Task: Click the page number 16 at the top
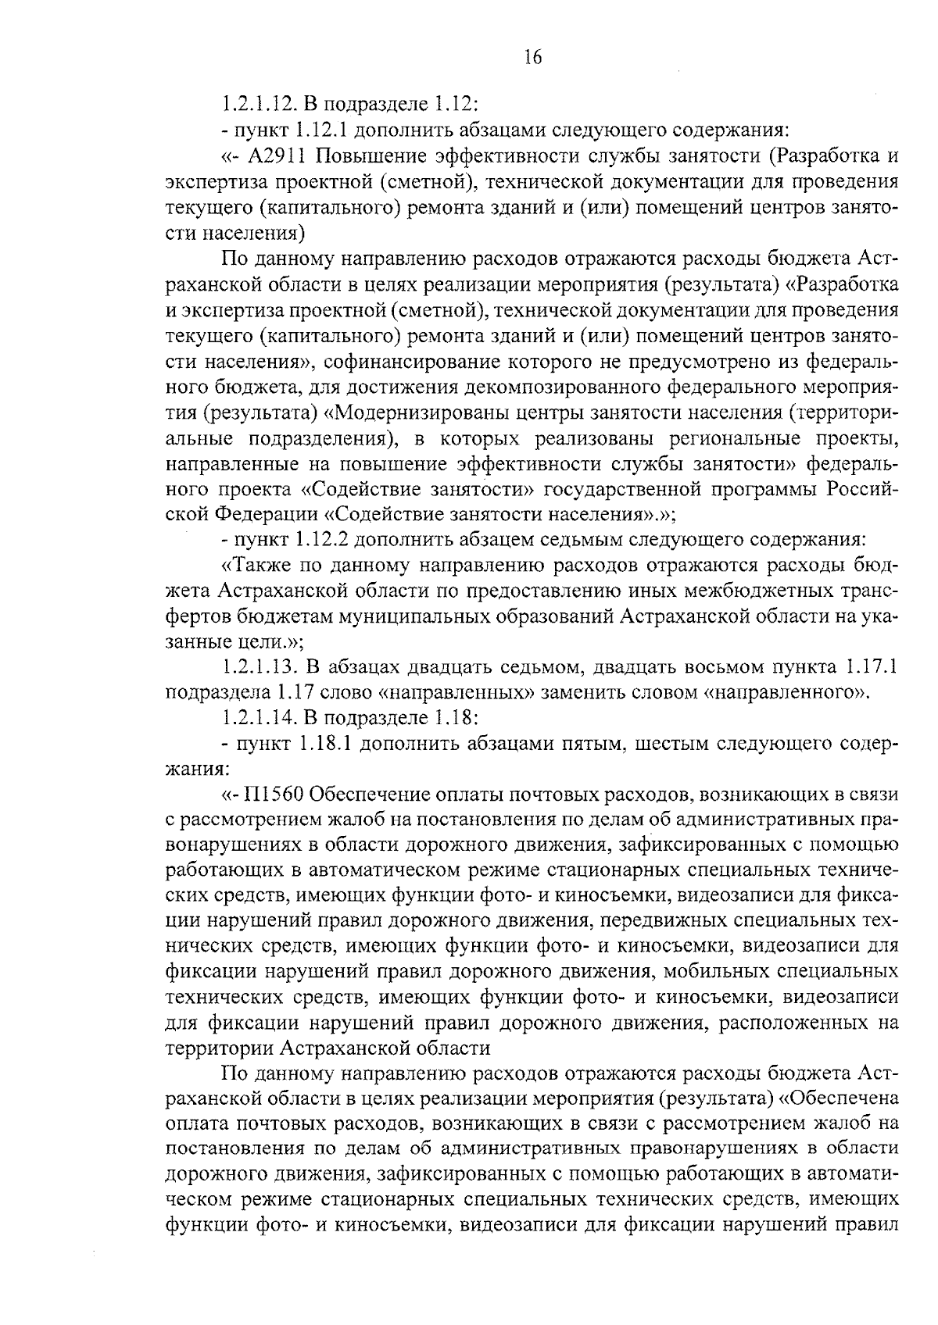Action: pos(533,58)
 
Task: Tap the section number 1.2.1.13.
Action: pos(258,666)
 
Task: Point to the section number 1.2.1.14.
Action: pos(258,717)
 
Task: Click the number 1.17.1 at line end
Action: pos(865,666)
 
